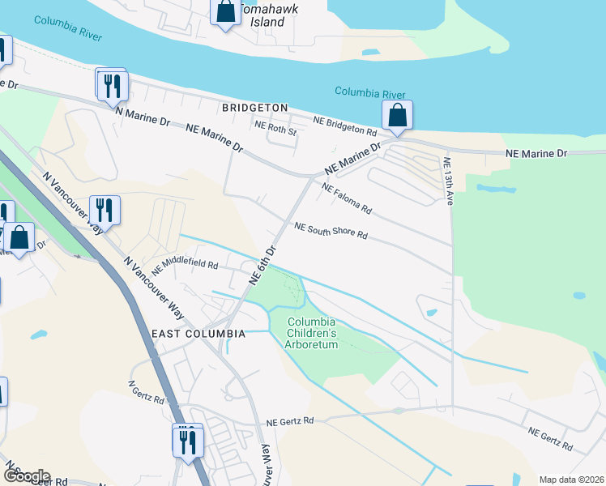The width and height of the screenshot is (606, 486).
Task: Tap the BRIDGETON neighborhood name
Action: coord(255,107)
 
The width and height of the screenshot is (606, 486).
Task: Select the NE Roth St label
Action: coord(276,126)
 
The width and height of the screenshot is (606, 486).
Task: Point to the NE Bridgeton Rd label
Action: coord(346,126)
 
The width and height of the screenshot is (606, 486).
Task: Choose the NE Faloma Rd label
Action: coord(346,198)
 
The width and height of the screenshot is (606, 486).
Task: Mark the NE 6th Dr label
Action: coord(264,264)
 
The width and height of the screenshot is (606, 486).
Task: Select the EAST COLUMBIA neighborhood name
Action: coord(198,334)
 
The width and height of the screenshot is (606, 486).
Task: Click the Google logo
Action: coord(27,475)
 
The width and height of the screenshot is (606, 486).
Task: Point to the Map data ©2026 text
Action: coord(571,480)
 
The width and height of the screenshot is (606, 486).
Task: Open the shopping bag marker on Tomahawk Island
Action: coord(225,13)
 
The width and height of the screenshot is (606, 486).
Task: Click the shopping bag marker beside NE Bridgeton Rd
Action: coord(397,115)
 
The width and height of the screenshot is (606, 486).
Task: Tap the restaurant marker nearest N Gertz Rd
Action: coord(188,441)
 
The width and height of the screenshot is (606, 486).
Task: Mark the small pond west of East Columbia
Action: coord(39,335)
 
